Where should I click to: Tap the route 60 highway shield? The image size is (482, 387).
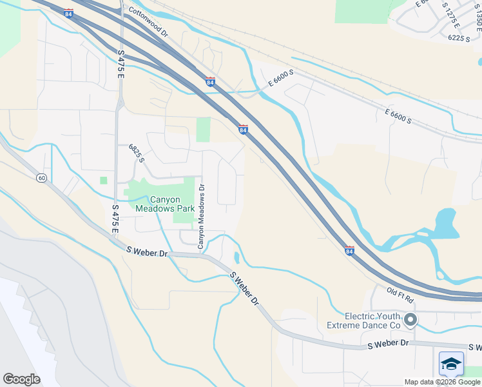[x=41, y=178]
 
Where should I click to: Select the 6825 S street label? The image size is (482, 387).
[x=136, y=153]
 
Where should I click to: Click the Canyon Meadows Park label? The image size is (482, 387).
[x=164, y=204]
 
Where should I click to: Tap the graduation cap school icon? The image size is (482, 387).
[x=451, y=365]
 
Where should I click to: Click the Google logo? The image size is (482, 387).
[x=21, y=379]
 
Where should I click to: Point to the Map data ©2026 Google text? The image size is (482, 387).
[x=443, y=382]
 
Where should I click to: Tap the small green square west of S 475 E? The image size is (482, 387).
[x=103, y=180]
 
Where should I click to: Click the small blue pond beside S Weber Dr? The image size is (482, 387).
[x=236, y=258]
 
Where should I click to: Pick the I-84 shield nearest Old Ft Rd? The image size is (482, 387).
[x=349, y=250]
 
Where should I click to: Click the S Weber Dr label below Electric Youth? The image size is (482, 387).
[x=388, y=344]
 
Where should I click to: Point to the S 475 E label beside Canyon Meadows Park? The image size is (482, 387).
[x=115, y=219]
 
